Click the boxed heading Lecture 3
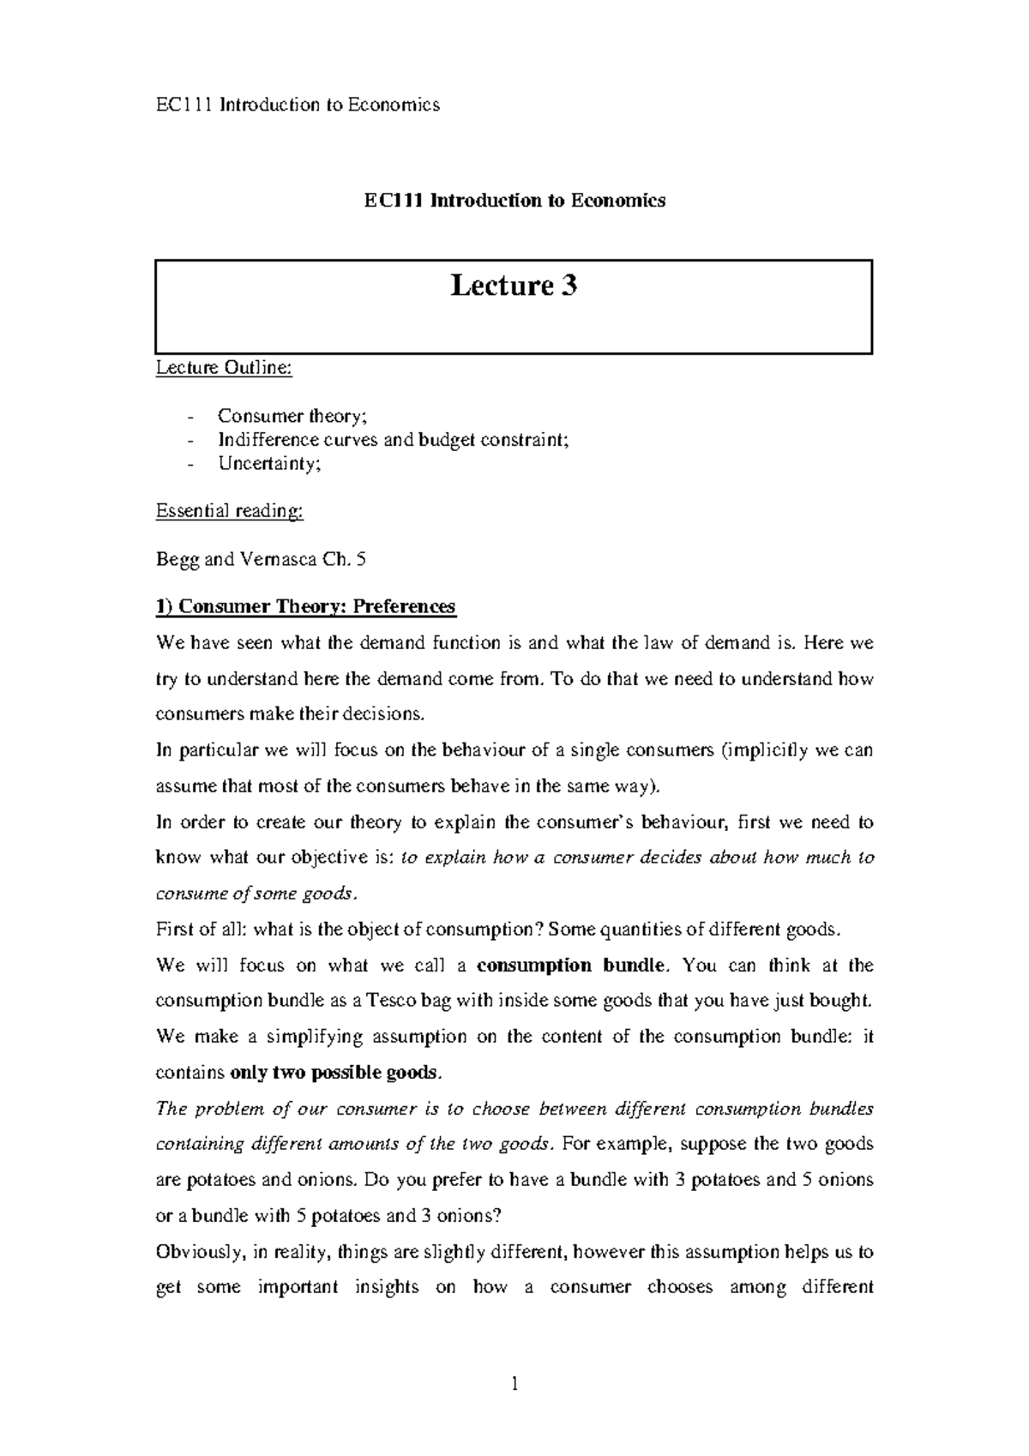point(514,286)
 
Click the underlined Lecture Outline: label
point(224,369)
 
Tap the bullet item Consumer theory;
point(292,416)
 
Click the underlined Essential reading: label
point(229,511)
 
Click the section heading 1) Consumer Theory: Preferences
point(305,607)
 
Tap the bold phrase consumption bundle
point(570,966)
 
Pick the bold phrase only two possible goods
point(336,1074)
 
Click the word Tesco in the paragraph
point(394,1001)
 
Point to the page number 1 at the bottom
point(514,1384)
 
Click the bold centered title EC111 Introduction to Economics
point(514,201)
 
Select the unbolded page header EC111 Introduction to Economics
point(298,105)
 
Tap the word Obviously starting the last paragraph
point(200,1252)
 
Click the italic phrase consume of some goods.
point(254,893)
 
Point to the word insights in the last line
point(386,1287)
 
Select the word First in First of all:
point(174,930)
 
